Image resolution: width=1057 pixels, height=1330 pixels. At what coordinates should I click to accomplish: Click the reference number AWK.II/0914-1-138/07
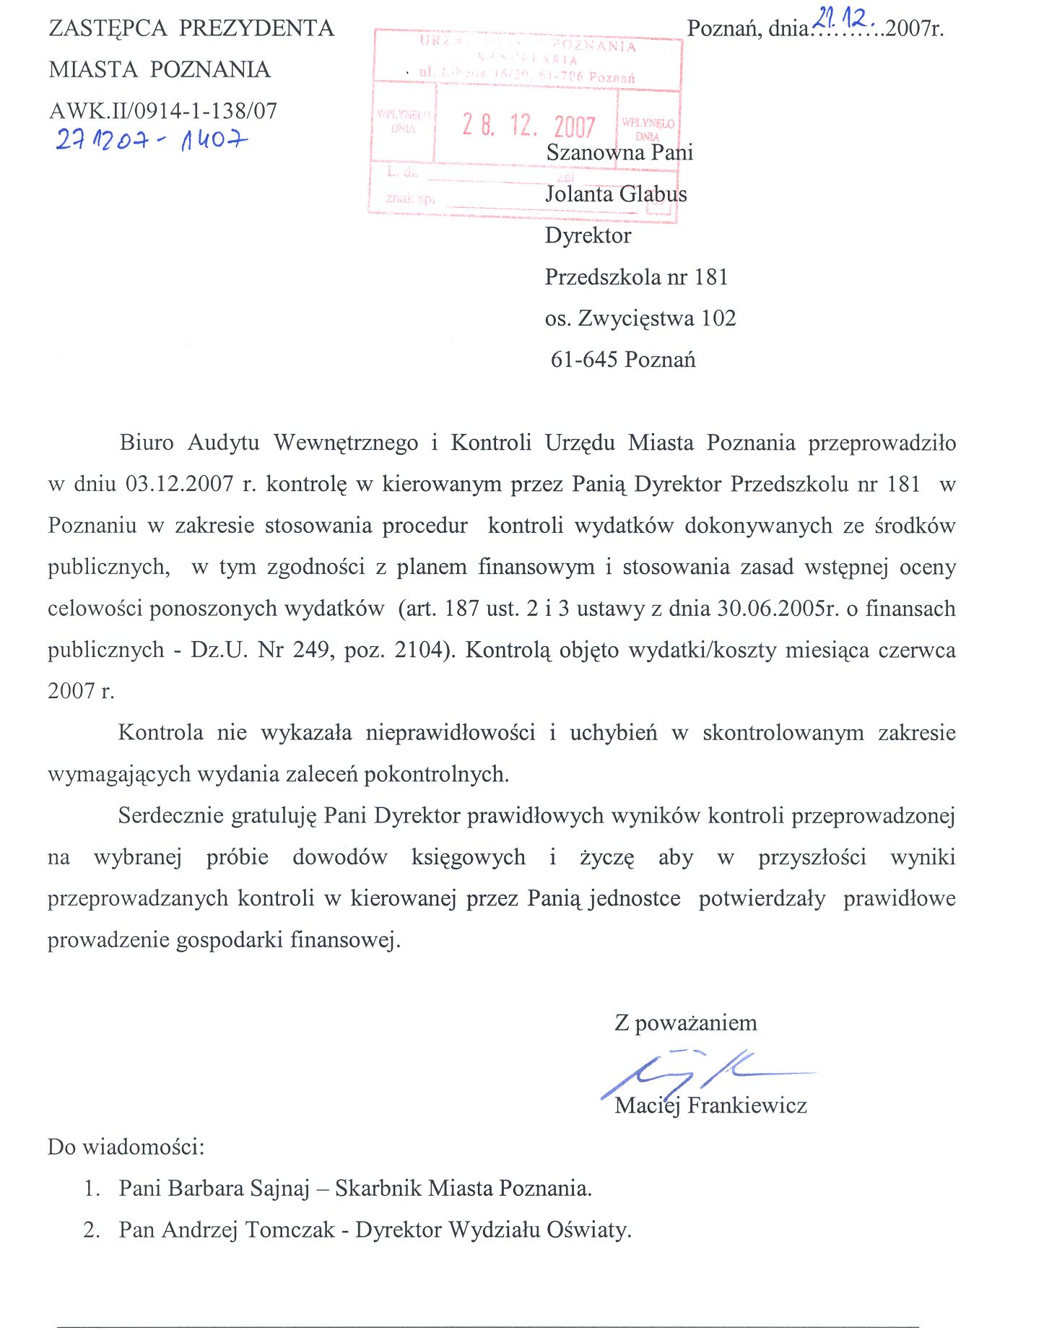click(x=163, y=110)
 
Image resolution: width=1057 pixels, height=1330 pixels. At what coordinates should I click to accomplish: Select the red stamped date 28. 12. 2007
click(x=528, y=126)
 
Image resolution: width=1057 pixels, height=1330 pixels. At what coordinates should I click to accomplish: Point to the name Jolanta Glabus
click(x=616, y=194)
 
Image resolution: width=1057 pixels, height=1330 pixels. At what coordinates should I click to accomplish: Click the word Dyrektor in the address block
click(x=588, y=235)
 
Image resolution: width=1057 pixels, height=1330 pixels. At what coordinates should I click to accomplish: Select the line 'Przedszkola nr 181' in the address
click(x=636, y=277)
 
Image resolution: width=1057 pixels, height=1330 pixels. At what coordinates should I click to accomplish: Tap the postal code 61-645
click(x=583, y=360)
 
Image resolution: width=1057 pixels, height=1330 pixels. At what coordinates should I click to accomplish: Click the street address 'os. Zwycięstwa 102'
click(x=640, y=318)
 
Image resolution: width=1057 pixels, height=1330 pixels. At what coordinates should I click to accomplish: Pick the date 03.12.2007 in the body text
click(x=179, y=484)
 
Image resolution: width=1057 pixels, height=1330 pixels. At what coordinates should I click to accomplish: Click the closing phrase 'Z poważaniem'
click(x=685, y=1023)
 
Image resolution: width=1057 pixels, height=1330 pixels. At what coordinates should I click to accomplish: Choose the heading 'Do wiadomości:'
click(x=126, y=1147)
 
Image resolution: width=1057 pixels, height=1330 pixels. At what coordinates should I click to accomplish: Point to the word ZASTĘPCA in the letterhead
click(x=108, y=28)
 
